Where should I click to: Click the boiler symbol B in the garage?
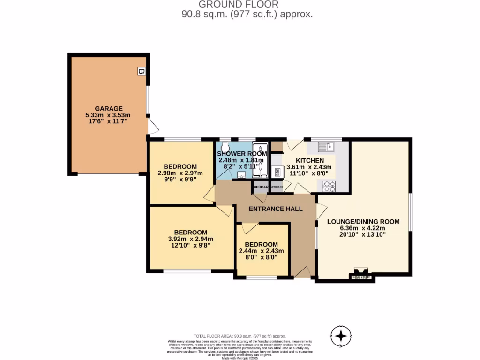tap(141, 71)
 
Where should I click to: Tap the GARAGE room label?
tap(109, 108)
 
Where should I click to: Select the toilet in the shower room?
tap(225, 145)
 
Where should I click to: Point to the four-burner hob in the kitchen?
tap(330, 186)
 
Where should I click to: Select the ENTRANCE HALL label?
tap(275, 209)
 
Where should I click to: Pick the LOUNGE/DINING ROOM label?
tap(363, 222)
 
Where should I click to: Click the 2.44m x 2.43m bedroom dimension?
tap(261, 251)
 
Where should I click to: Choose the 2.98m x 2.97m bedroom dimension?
tap(180, 173)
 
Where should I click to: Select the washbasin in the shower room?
tap(241, 175)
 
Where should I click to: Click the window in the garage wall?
tap(148, 100)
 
